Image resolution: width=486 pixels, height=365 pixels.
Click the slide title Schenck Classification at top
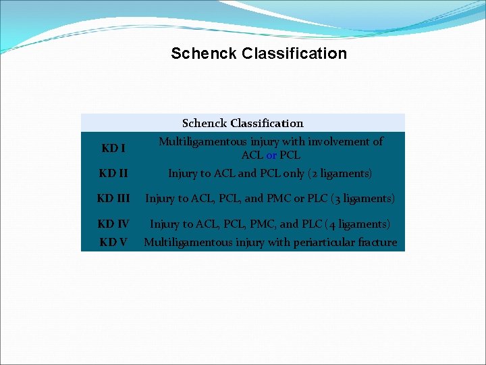point(259,53)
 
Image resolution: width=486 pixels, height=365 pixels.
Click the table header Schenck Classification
point(242,123)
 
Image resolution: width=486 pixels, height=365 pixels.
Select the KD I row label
point(113,148)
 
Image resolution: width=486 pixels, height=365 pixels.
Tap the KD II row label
point(113,174)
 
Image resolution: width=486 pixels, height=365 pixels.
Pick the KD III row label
point(113,199)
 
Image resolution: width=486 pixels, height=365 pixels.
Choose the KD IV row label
point(113,224)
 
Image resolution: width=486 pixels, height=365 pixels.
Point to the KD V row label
point(113,242)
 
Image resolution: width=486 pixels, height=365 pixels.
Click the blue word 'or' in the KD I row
point(271,155)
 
